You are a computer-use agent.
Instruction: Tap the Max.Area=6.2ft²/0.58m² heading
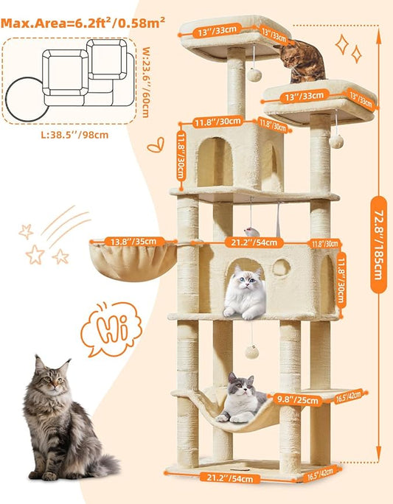83,23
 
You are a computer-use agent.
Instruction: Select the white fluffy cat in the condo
245,293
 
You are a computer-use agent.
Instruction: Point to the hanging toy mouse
252,231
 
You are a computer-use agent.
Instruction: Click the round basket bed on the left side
133,262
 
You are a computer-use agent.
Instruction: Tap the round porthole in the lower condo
282,267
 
